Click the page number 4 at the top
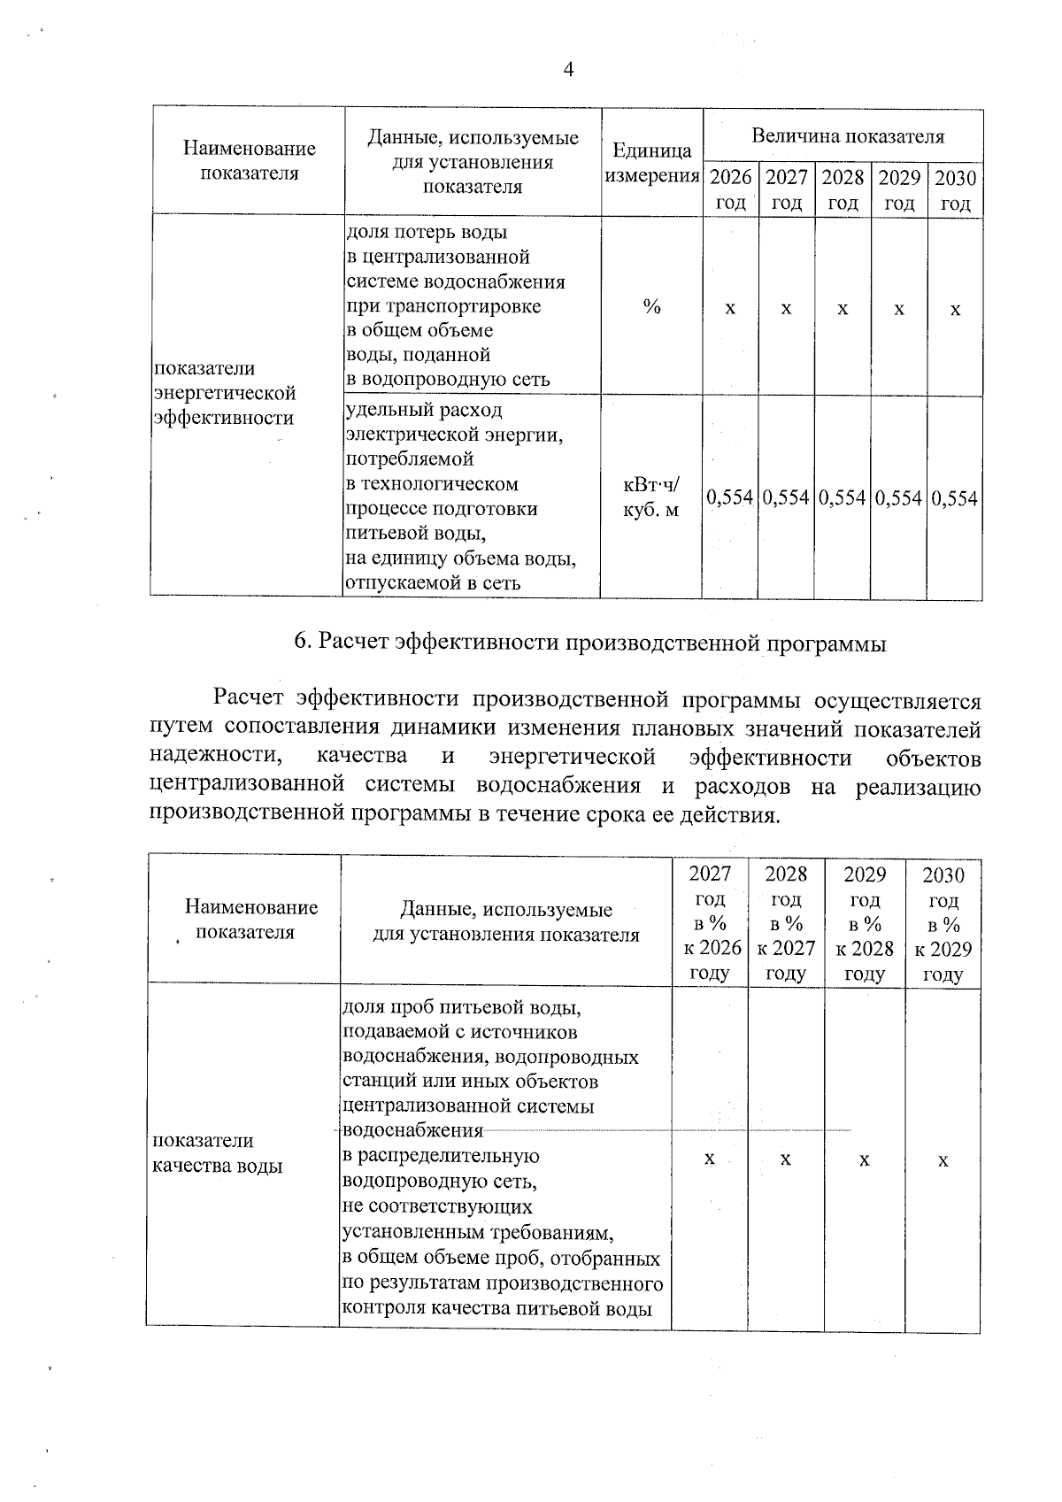[x=568, y=71]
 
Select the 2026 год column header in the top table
[x=731, y=190]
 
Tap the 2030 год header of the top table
[x=955, y=190]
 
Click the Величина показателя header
[x=847, y=136]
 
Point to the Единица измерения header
[x=652, y=164]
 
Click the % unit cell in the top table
[x=652, y=307]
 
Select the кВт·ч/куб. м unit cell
[x=652, y=497]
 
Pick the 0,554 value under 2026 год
[x=730, y=498]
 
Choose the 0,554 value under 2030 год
[x=955, y=498]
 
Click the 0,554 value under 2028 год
[x=843, y=498]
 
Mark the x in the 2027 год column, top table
[x=786, y=309]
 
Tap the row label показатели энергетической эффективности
[x=224, y=393]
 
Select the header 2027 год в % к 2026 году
[x=710, y=923]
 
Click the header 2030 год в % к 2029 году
[x=943, y=925]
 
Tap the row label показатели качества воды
[x=217, y=1153]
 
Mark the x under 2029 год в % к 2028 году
[x=864, y=1159]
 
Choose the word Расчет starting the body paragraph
[x=249, y=698]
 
